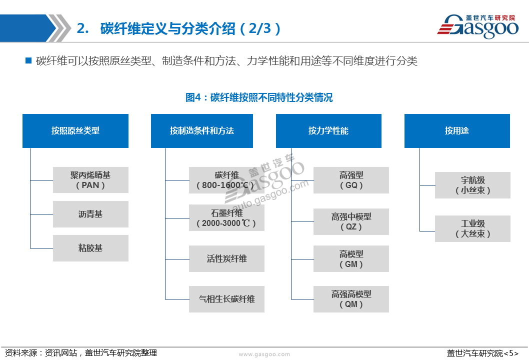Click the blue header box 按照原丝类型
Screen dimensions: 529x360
click(75, 131)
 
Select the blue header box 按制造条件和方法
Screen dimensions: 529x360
click(201, 131)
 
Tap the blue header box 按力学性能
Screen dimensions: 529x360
click(328, 131)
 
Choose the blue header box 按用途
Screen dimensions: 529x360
click(457, 131)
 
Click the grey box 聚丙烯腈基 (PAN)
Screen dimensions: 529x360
click(90, 180)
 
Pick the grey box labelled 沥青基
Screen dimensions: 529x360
click(90, 214)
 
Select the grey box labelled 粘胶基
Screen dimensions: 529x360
click(90, 248)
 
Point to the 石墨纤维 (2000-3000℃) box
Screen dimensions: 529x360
click(226, 218)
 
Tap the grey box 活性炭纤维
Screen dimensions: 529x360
click(226, 259)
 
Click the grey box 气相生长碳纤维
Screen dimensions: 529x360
click(226, 299)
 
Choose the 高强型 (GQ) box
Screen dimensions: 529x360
click(351, 180)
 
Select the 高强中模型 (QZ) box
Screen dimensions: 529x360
click(351, 221)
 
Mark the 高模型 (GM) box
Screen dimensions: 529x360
click(351, 259)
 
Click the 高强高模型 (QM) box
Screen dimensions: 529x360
click(351, 299)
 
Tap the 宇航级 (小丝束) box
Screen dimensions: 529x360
click(472, 185)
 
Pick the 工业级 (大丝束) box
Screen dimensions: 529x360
click(472, 229)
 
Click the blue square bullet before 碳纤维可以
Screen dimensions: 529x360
click(28, 60)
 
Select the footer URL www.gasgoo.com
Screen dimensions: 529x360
click(264, 354)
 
